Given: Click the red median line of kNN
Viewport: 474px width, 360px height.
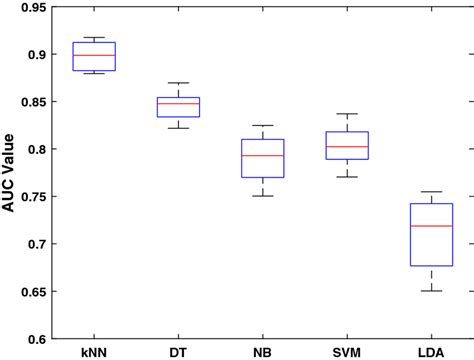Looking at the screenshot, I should click(96, 55).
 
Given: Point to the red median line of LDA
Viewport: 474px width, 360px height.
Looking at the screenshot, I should click(431, 226).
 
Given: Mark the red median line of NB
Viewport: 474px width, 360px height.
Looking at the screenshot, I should click(263, 155).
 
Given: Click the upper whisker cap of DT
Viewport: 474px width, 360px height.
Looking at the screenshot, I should click(178, 83).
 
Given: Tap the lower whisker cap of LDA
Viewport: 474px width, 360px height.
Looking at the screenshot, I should click(431, 291).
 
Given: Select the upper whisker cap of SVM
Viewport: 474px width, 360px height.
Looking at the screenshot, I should click(347, 114).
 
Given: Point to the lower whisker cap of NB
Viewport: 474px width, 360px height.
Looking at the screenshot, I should click(263, 196).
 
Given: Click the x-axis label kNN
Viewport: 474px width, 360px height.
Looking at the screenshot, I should click(96, 352).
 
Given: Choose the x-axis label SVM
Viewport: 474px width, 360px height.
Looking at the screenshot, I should click(347, 352).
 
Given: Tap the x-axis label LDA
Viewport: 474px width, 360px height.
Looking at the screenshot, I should click(431, 352).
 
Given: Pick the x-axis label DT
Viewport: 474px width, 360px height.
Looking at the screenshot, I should click(178, 352).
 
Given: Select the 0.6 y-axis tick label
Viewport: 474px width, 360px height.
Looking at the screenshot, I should click(44, 339).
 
